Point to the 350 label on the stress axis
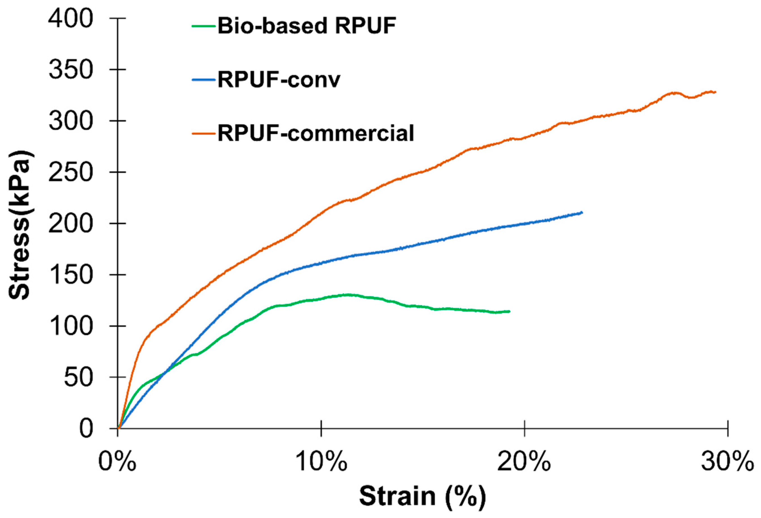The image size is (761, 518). pos(70,70)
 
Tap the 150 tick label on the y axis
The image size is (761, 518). pos(70,275)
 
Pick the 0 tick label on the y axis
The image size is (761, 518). pos(86,429)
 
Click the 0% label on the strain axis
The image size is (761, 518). pos(117,462)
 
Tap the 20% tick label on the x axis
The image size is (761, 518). pos(524,462)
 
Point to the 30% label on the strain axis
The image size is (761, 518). pos(728,462)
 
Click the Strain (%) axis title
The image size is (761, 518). pos(422,496)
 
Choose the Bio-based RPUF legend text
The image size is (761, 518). pos(307,25)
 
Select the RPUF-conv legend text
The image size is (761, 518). pos(279,80)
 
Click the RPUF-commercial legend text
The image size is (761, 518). pos(316,133)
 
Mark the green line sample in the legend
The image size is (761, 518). pos(204,26)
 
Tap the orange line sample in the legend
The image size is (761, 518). pos(204,133)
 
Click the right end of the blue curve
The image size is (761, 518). pos(582,213)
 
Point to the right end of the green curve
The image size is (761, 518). pos(509,311)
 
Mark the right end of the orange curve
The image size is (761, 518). pos(715,92)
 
